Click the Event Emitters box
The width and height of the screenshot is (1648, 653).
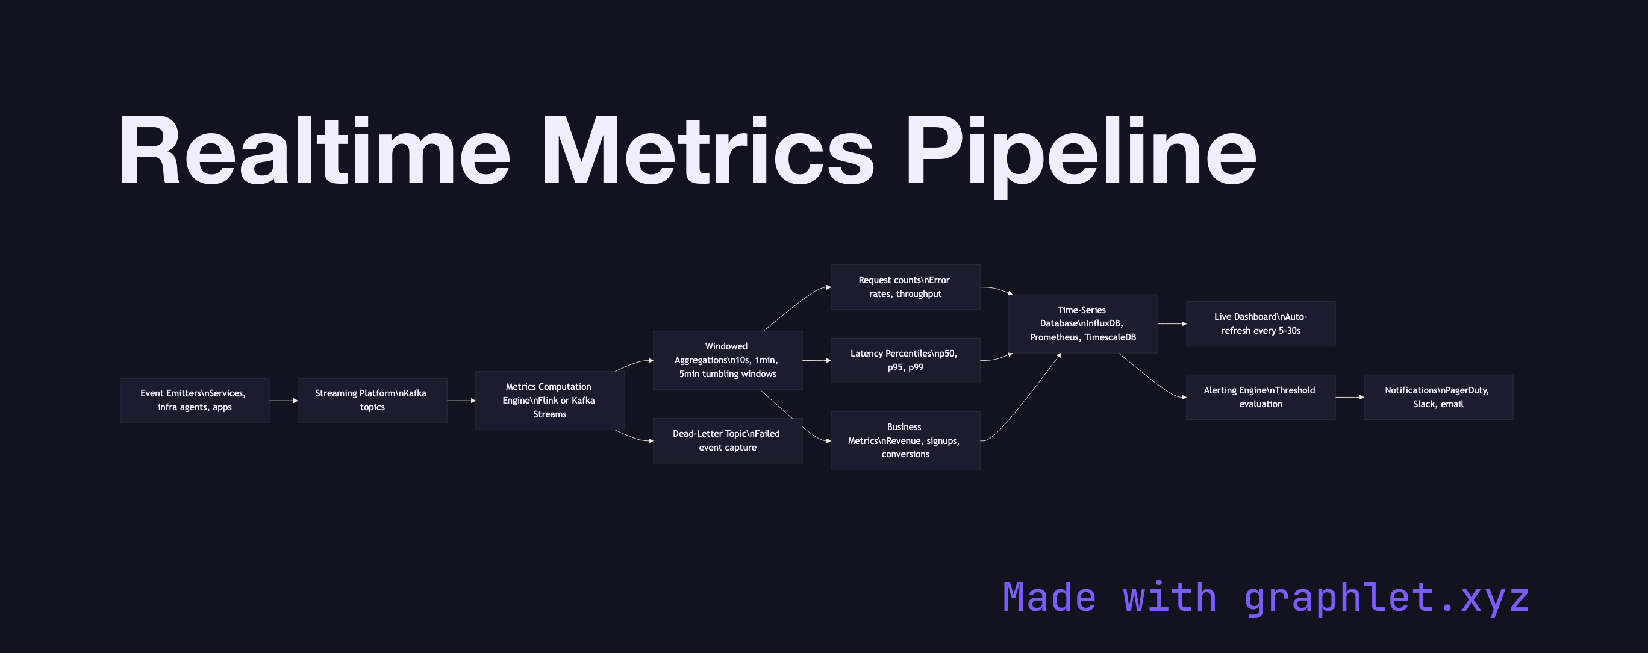(x=195, y=401)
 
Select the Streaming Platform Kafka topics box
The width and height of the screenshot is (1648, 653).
(x=372, y=401)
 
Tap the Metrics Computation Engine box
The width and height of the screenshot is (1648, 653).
(x=549, y=401)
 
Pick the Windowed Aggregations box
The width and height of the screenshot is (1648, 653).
(x=728, y=360)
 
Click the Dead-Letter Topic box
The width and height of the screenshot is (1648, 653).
(x=728, y=441)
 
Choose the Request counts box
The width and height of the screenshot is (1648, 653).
(x=905, y=287)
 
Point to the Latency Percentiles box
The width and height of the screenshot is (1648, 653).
(x=905, y=360)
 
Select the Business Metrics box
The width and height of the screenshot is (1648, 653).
(x=905, y=441)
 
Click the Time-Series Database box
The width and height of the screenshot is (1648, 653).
(x=1082, y=323)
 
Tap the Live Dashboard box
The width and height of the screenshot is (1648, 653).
(x=1260, y=323)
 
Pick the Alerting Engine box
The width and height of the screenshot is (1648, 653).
(x=1260, y=397)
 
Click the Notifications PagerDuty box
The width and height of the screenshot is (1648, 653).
(x=1438, y=397)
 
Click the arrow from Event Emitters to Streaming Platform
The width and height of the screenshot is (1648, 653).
(x=282, y=401)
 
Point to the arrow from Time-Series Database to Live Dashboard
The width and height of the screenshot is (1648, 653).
(x=1171, y=323)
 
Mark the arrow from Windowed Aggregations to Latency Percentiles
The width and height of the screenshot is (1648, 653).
(x=816, y=361)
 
